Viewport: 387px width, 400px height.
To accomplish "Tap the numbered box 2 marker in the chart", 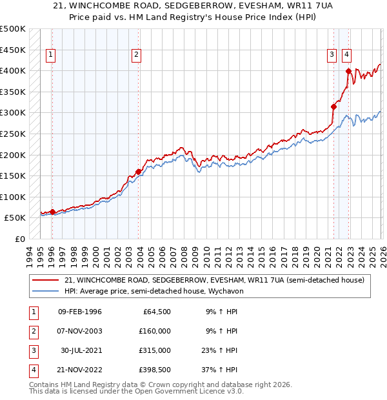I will pos(137,55).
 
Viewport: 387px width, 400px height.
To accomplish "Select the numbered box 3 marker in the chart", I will pos(332,55).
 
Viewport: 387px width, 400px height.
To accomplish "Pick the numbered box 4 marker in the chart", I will pos(347,55).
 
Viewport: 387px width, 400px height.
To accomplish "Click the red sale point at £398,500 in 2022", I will pos(348,71).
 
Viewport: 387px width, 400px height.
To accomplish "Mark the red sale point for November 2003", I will pos(138,172).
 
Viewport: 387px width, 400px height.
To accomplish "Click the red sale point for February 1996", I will pos(52,212).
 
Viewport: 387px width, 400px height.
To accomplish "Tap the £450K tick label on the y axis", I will pos(13,50).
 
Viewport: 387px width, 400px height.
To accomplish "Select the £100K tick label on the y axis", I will pos(13,197).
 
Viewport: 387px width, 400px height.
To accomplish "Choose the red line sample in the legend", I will pos(45,280).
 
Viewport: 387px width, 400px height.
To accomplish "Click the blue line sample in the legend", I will pos(45,291).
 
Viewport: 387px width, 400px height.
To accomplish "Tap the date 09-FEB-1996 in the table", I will pos(80,312).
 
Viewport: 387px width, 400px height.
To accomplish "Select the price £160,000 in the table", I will pos(155,331).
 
